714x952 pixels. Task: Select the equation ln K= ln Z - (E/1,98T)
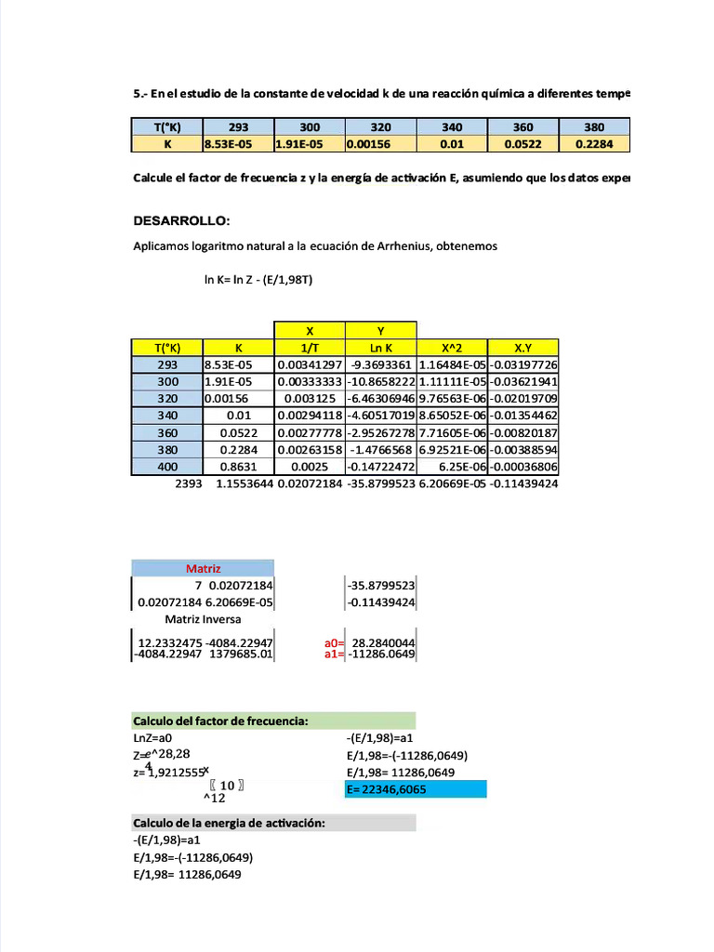coord(258,279)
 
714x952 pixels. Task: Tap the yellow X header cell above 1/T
coord(310,330)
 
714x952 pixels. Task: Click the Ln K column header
coord(381,347)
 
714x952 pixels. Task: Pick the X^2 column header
coord(453,347)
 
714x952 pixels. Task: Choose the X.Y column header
coord(523,347)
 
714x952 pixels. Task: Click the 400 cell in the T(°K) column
coord(167,467)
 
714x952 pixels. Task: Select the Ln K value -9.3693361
coord(381,364)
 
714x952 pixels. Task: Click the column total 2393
coord(188,484)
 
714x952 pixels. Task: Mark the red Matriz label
coord(203,567)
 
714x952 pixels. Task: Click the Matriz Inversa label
coord(203,619)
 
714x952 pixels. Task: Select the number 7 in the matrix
coord(198,586)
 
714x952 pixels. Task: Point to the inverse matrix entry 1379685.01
coord(241,654)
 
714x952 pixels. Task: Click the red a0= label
coord(334,642)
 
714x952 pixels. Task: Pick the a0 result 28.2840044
coord(383,642)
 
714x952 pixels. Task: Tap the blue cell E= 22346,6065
coord(415,789)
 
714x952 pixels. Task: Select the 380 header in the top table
coord(594,126)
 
